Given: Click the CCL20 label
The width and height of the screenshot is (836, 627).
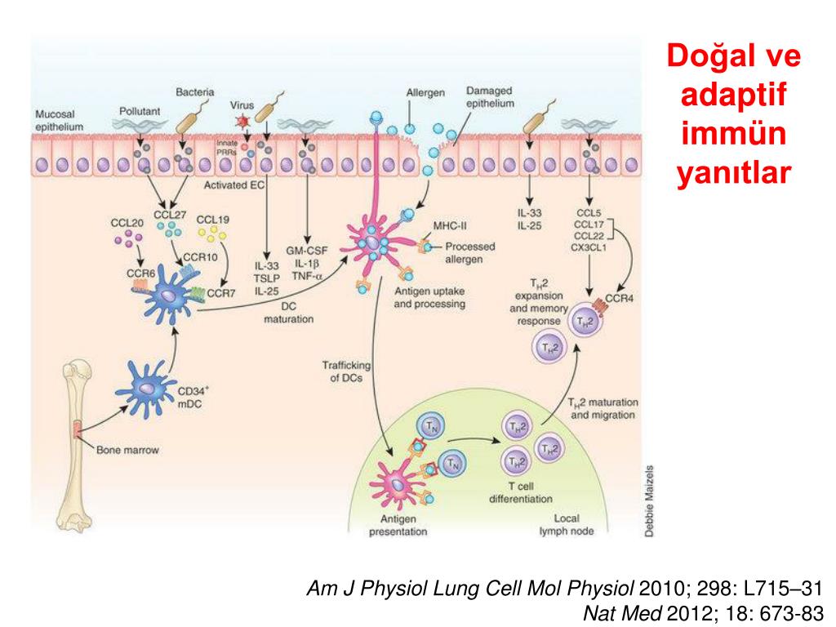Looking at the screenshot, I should [127, 223].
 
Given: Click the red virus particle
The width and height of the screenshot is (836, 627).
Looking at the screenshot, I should [242, 122].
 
